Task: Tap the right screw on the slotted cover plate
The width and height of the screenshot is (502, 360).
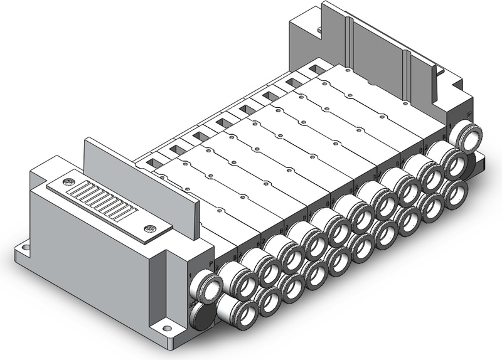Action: [x=149, y=229]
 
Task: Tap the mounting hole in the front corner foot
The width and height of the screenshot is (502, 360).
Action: [x=167, y=327]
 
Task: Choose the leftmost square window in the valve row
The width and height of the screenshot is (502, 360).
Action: [x=152, y=163]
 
